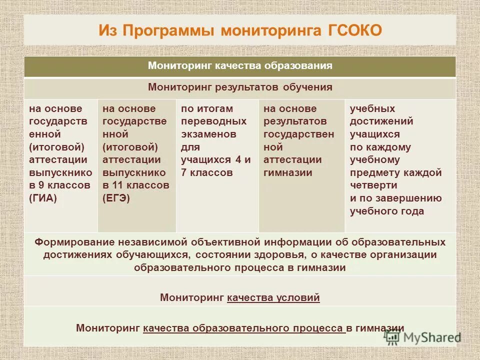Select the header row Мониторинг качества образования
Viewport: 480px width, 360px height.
coord(240,66)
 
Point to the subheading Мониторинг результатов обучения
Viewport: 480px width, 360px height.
coord(240,87)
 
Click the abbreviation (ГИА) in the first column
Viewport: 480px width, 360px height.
coord(43,198)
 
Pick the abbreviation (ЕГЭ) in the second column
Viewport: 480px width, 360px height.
coord(116,198)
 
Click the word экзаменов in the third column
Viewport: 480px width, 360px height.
coord(208,134)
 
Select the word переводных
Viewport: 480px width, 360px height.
coord(213,121)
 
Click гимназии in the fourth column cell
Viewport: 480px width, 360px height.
coord(288,173)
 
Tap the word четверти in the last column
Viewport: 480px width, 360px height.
coord(373,185)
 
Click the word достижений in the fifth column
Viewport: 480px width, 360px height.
coord(381,121)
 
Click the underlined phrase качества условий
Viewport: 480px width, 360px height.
coord(273,298)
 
